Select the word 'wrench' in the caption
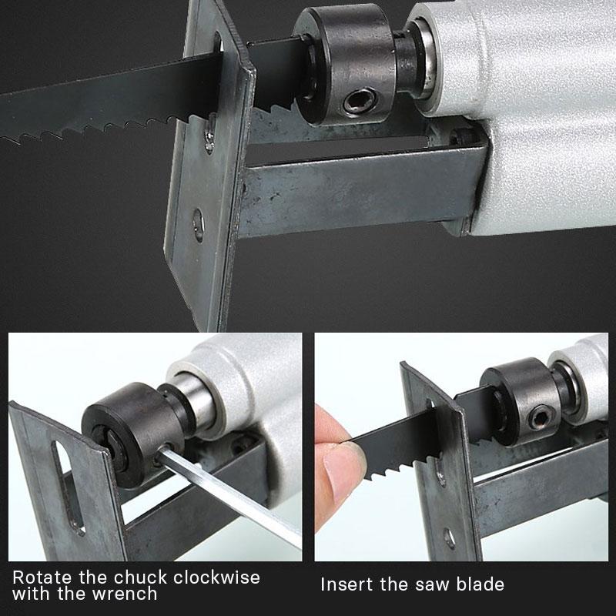(126, 594)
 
